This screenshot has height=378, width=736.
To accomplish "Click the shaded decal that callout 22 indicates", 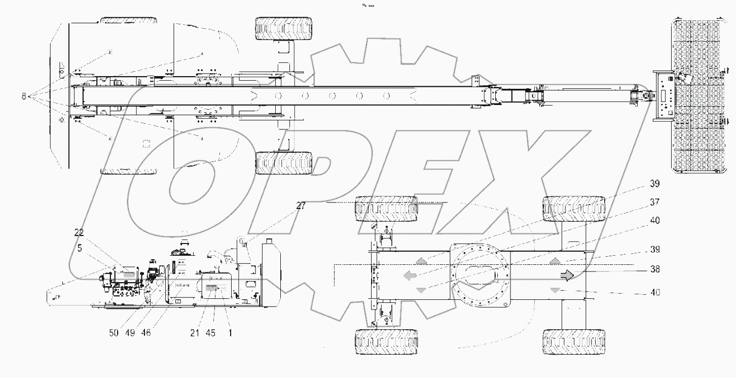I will (x=128, y=273).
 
